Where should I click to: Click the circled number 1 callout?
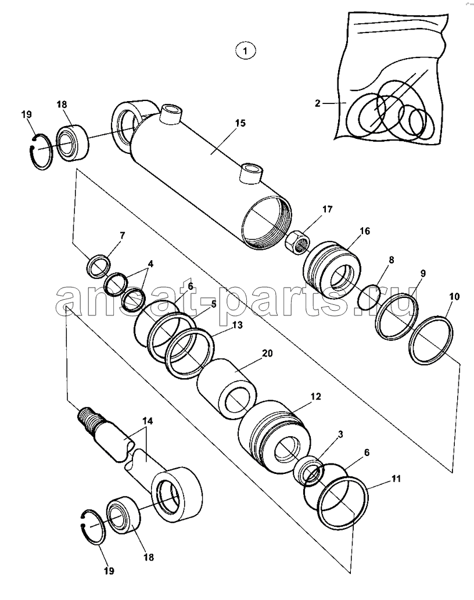click(x=245, y=51)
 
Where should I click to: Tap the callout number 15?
click(x=240, y=123)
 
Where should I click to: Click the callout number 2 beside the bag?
click(x=318, y=103)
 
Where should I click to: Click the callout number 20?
click(x=267, y=353)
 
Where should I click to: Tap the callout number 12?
click(x=315, y=397)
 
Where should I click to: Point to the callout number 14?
click(x=148, y=421)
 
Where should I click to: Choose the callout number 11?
click(x=396, y=479)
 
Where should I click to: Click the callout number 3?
click(x=340, y=434)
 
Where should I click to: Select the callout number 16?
click(x=365, y=231)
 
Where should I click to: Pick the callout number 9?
click(x=423, y=273)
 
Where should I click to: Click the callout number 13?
click(x=237, y=325)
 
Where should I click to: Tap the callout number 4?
click(x=150, y=264)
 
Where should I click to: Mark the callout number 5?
click(x=213, y=304)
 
